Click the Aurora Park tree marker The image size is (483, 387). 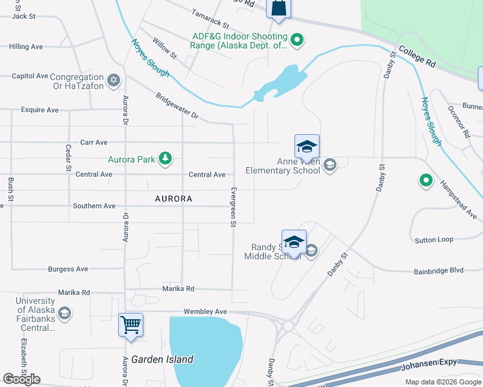pos(166,158)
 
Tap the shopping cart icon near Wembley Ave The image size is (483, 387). pos(130,325)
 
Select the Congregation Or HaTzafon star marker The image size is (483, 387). pos(114,80)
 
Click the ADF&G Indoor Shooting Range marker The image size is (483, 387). pos(297,40)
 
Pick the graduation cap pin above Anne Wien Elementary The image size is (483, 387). pos(307,146)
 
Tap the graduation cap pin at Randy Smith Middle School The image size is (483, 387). pos(294,242)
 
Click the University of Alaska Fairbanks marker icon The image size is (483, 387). pos(65,313)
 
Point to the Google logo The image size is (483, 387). pos(21,379)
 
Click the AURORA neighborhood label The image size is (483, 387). pos(174,199)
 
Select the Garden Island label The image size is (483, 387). pos(162,359)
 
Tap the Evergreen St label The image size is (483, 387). pos(233,207)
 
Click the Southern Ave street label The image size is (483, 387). pos(94,206)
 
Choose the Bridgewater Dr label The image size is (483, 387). pos(177,105)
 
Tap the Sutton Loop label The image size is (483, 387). pos(433,239)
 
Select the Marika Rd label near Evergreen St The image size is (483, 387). pos(178,289)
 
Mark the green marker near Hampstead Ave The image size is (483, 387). pos(426,181)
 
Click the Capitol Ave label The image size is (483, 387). pos(30,76)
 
